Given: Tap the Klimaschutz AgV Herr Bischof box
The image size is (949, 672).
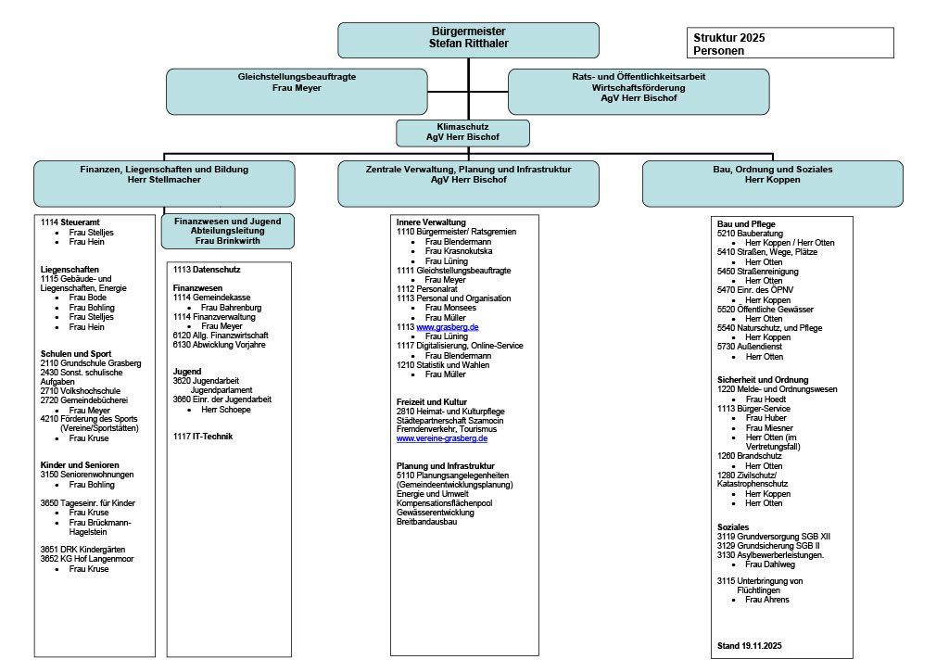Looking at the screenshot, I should (462, 133).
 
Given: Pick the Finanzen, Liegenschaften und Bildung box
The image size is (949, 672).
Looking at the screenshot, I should (164, 183).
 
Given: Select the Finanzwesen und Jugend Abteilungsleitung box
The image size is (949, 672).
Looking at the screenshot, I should (227, 232).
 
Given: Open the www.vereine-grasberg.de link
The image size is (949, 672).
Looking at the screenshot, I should (442, 438).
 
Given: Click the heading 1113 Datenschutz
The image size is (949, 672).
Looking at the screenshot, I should (206, 269).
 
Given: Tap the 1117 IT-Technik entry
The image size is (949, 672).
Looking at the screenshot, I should (203, 436).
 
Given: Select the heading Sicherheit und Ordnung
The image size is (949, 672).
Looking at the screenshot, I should (762, 379).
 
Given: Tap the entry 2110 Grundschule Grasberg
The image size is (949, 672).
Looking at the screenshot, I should (90, 363).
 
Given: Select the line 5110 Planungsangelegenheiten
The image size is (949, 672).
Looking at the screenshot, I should (452, 475).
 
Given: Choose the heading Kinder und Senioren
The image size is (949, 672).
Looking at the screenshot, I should (80, 464).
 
